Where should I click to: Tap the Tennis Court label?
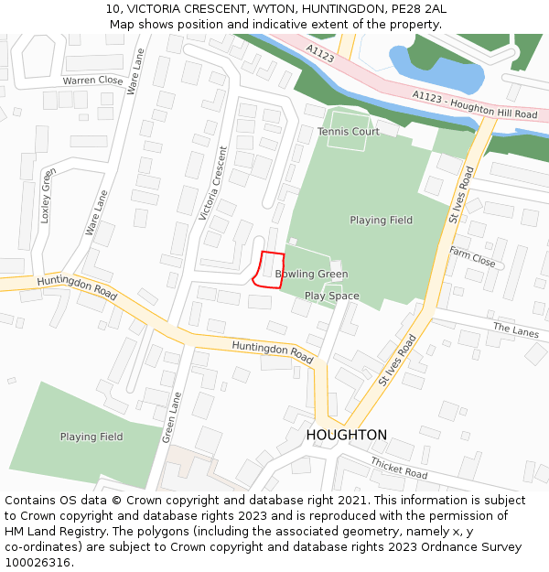point(348,132)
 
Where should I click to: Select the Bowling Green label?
point(311,274)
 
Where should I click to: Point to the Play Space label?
point(331,296)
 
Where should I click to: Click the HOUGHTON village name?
point(346,435)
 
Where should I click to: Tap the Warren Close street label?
point(92,81)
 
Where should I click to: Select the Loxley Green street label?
point(47,196)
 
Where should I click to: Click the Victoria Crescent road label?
point(212,182)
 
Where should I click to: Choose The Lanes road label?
point(516,329)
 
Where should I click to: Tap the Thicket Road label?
point(399,469)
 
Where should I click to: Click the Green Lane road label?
point(171,417)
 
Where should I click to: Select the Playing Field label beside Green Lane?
point(91,437)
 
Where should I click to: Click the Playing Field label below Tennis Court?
point(381,220)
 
